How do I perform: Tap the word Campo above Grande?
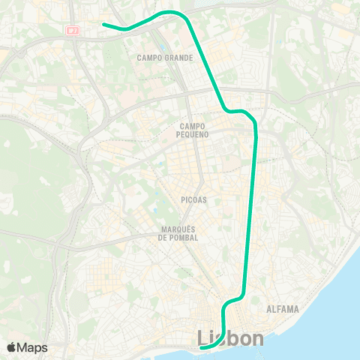(148, 58)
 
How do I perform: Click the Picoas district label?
(193, 200)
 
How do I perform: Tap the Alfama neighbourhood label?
(283, 309)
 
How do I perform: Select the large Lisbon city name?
(230, 339)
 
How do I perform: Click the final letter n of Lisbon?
(257, 339)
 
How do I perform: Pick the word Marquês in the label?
(178, 229)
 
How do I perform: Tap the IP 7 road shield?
(73, 31)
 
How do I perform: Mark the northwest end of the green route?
(103, 25)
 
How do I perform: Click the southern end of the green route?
(202, 347)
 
